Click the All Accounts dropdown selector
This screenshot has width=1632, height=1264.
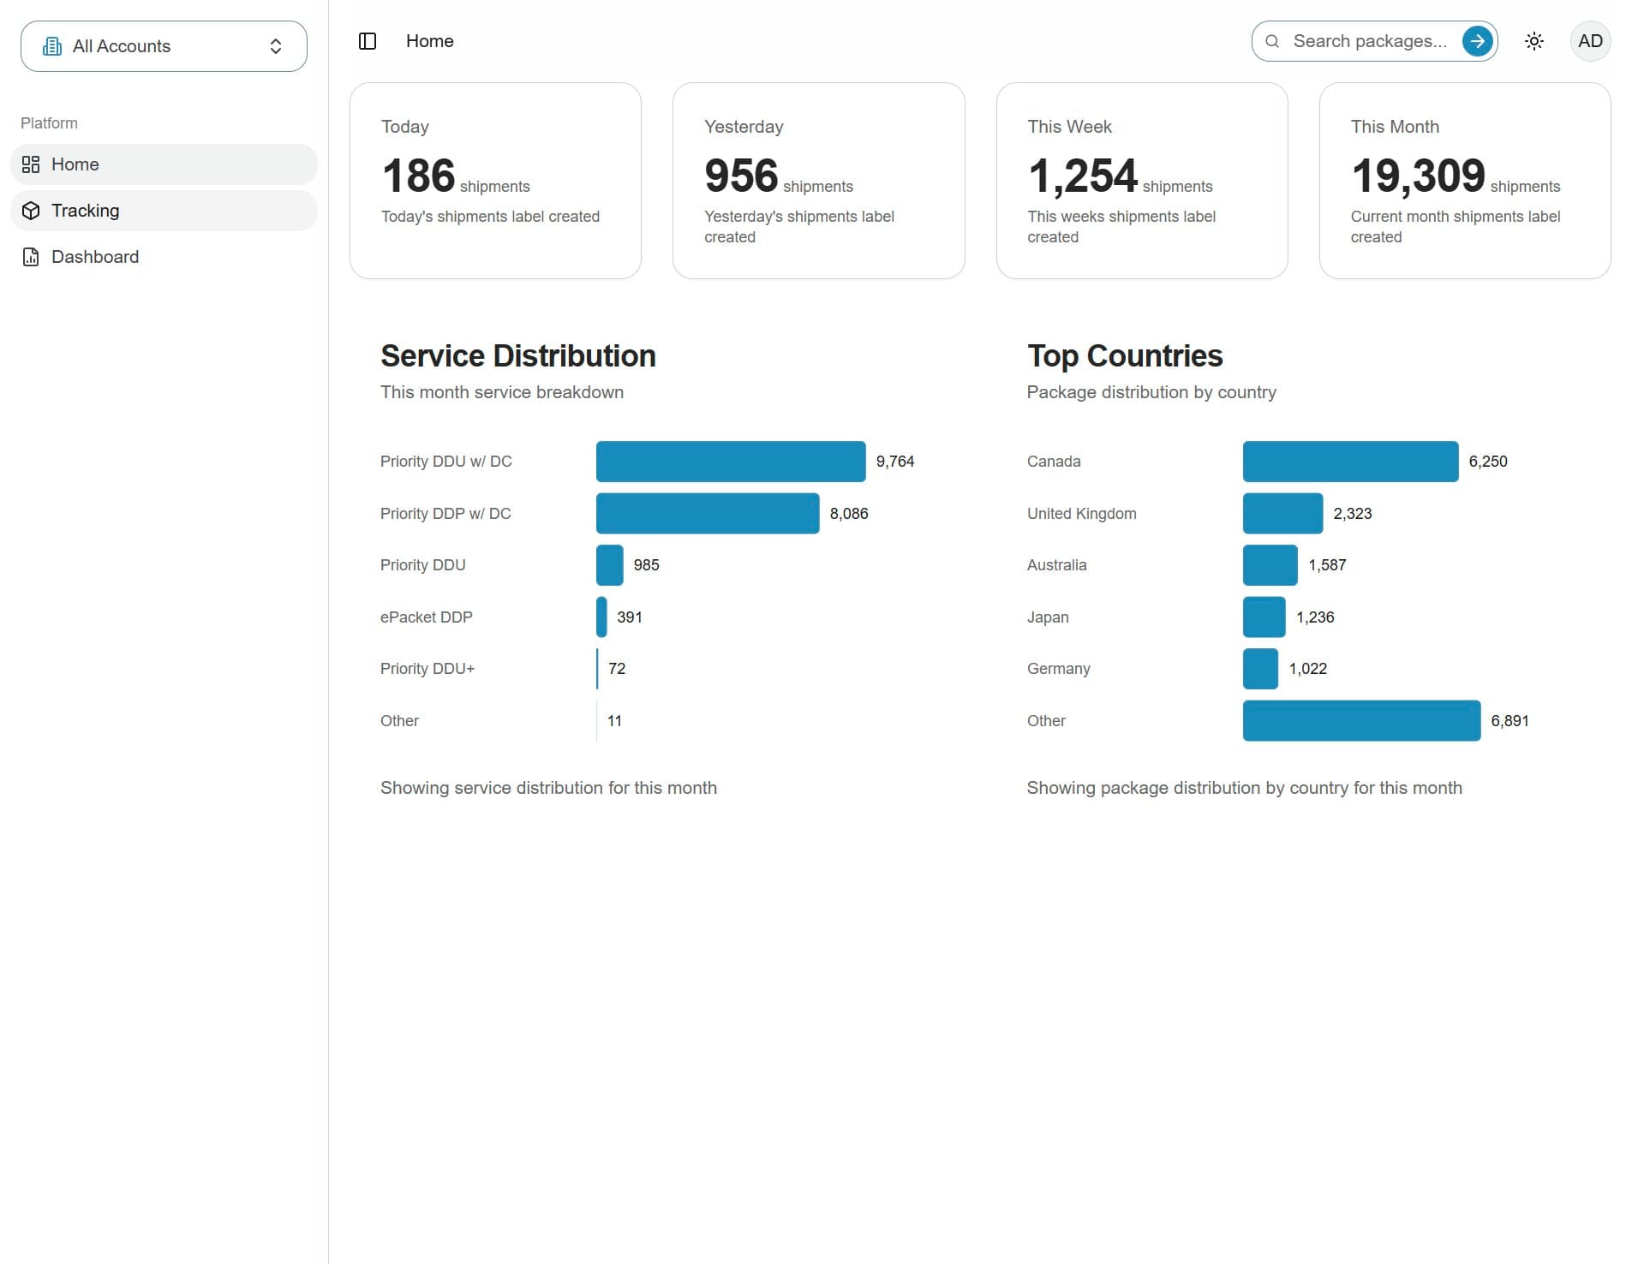coord(164,46)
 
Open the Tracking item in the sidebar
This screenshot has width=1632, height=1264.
coord(164,211)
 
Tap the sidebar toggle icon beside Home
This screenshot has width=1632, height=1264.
coord(368,41)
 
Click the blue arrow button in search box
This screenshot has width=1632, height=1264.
coord(1477,41)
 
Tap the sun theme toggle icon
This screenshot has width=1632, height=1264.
coord(1534,41)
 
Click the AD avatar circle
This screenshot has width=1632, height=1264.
coord(1590,41)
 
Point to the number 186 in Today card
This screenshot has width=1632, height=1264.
coord(419,176)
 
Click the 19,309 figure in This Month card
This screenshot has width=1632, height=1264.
coord(1418,176)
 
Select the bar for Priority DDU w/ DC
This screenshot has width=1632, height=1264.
coord(731,462)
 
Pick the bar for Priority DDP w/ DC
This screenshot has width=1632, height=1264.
coord(708,514)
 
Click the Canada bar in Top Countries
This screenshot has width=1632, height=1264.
coord(1350,462)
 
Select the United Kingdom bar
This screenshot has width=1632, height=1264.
coord(1282,514)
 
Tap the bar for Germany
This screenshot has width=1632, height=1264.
coord(1260,669)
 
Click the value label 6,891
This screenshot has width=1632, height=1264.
coord(1509,721)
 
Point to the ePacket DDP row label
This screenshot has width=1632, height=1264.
coord(427,617)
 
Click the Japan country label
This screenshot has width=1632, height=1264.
coord(1048,617)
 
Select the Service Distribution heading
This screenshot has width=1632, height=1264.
coord(518,356)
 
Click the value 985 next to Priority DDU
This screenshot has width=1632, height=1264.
coord(646,565)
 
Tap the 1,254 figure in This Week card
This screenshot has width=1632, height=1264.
coord(1083,176)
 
